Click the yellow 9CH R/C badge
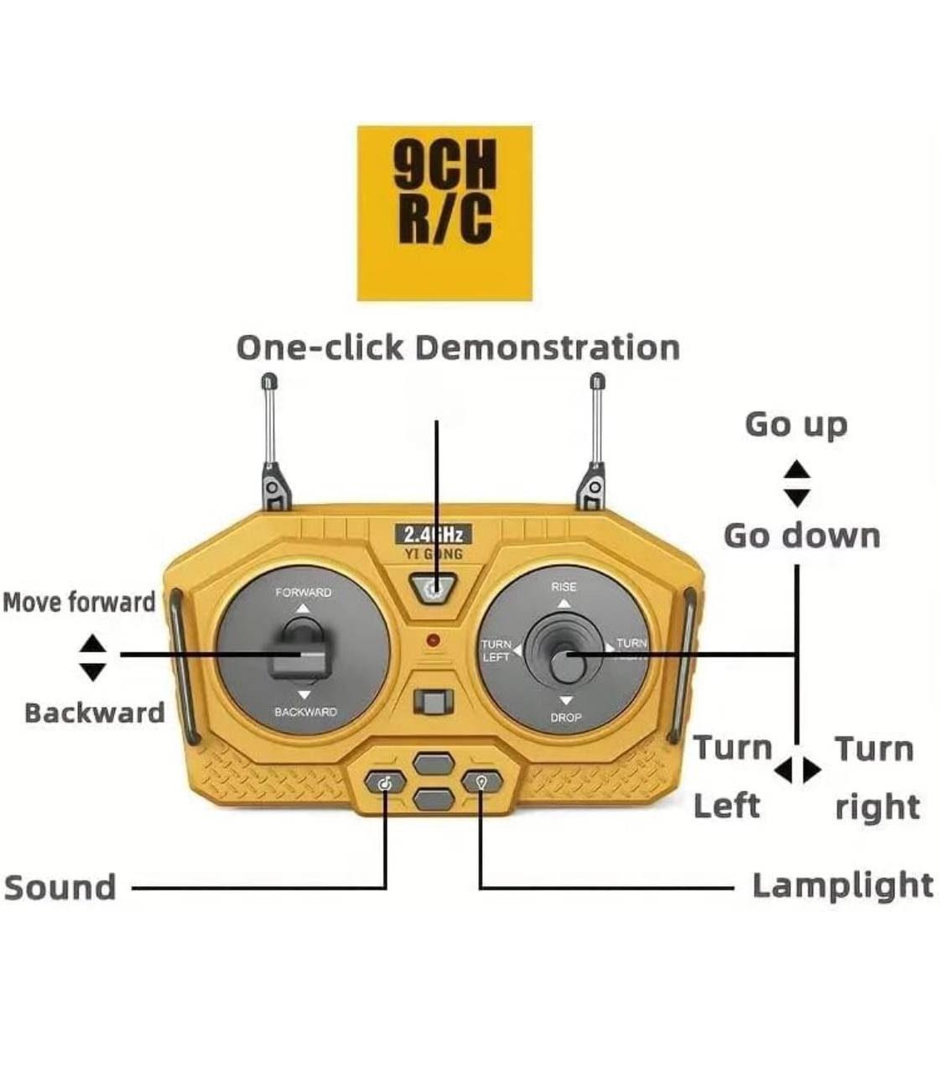[445, 213]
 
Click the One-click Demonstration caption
[458, 348]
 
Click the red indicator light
[433, 640]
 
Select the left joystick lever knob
[299, 654]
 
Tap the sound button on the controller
[385, 783]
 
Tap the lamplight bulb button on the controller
[481, 782]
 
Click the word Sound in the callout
[60, 888]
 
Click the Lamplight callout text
[841, 886]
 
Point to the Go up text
[796, 425]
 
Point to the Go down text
[802, 536]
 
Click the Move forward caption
[80, 602]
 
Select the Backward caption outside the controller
[94, 713]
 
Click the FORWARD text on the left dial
[304, 593]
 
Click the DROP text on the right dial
[565, 718]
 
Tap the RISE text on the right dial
[564, 587]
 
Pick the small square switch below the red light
[433, 702]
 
